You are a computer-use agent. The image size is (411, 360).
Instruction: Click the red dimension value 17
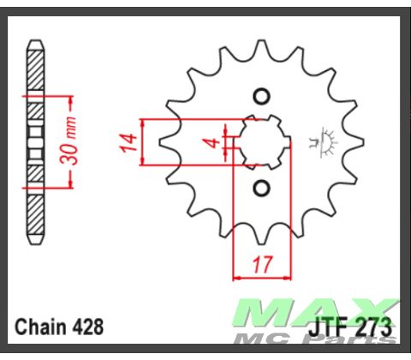[257, 265]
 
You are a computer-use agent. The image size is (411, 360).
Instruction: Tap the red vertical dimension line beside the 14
[144, 141]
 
